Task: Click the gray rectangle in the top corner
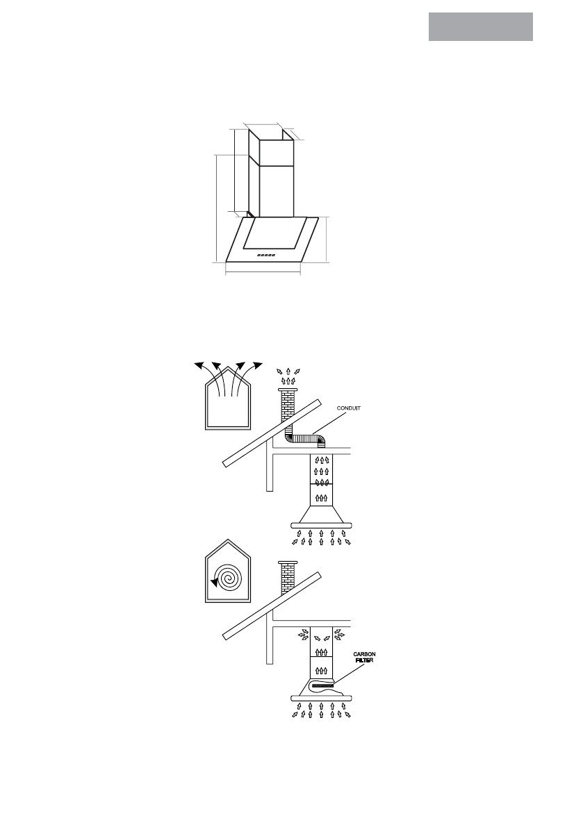[480, 26]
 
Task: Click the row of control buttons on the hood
[266, 255]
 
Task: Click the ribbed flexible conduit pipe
[306, 439]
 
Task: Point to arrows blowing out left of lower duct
[303, 633]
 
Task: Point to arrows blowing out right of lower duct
[338, 633]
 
